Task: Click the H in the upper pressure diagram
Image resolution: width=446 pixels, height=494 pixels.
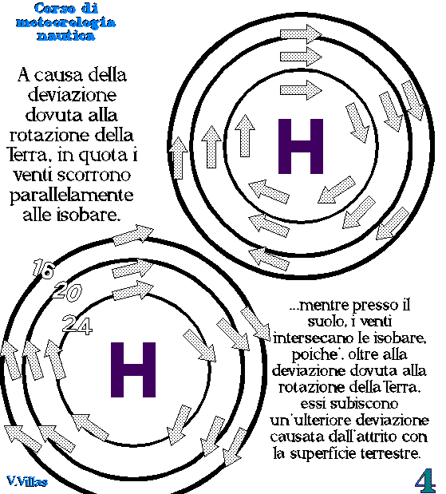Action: [x=301, y=146]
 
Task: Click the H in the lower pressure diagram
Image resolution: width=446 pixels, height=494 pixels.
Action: [x=133, y=370]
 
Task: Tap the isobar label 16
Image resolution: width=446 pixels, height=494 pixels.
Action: [x=43, y=269]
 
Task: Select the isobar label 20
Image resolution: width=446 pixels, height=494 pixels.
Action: [x=67, y=291]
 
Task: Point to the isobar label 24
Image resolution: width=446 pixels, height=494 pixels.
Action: [x=77, y=325]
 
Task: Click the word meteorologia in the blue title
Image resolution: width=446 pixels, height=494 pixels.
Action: [x=66, y=22]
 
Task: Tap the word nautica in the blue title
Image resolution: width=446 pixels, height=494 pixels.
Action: [x=66, y=36]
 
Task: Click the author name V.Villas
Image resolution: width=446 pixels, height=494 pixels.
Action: [x=27, y=481]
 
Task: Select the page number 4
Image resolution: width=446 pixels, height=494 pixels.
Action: [x=425, y=480]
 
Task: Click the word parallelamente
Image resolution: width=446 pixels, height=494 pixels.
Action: [x=72, y=196]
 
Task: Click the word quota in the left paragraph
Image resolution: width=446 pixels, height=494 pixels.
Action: [x=103, y=156]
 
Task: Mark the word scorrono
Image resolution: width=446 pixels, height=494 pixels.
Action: [x=98, y=176]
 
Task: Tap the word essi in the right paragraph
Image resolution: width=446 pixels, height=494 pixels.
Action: [x=313, y=404]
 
